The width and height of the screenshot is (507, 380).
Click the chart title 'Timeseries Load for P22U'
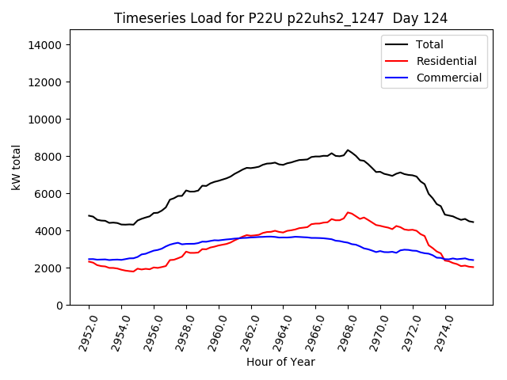[280, 18]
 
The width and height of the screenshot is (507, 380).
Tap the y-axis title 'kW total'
[17, 167]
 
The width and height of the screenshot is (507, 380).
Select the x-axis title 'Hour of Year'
[280, 362]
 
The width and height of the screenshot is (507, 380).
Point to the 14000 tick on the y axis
[45, 45]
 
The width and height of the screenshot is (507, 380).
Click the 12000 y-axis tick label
[45, 82]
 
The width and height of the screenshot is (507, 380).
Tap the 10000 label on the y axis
[45, 120]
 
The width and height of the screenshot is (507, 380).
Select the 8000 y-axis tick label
[48, 157]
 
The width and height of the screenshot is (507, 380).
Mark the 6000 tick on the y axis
[48, 194]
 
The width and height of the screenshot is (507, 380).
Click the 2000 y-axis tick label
[48, 268]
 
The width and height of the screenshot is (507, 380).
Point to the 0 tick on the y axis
[59, 306]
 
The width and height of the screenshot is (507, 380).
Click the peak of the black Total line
[347, 150]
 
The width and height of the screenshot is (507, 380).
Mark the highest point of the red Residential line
[348, 212]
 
